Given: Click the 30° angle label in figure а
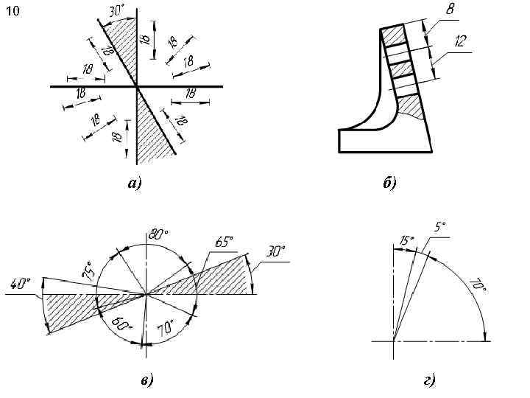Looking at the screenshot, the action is click(115, 13).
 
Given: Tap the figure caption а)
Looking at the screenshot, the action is click(134, 184).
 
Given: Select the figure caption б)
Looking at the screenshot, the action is click(389, 184).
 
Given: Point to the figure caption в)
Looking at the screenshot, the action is click(146, 380).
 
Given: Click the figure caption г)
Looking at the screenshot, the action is click(429, 380).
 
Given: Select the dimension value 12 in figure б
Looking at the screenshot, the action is click(461, 42).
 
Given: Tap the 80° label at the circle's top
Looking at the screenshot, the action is click(158, 234).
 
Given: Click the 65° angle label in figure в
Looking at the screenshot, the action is click(224, 242).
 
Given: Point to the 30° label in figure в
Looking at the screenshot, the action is click(276, 251).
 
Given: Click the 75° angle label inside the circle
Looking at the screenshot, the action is click(88, 270).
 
